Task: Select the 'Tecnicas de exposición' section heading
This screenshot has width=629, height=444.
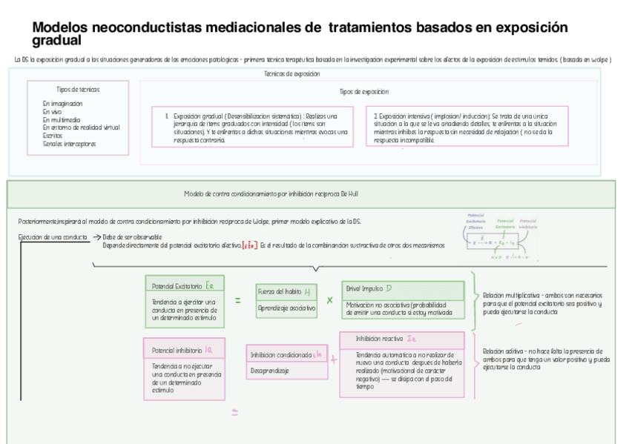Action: coord(292,74)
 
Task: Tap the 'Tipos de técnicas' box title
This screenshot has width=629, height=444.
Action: coord(78,90)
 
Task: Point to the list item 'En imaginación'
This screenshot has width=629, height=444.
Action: coord(63,104)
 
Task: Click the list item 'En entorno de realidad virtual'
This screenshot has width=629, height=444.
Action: coord(82,127)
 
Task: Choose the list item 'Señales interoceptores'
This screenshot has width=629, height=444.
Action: coord(70,144)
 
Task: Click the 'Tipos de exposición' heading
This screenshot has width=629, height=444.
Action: coord(364,92)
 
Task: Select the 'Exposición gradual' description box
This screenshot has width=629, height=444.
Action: coord(256,127)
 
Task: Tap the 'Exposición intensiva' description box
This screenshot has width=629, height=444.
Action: coord(467,127)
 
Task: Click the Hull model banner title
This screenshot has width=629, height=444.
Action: coord(271,193)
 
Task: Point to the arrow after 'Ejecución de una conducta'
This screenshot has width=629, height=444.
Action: coord(96,237)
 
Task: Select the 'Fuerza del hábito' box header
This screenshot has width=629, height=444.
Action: coord(286,291)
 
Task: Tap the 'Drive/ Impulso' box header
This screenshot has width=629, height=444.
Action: coord(403,289)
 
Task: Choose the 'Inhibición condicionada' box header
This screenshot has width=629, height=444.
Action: coord(286,354)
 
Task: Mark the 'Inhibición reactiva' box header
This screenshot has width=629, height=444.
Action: coord(401,339)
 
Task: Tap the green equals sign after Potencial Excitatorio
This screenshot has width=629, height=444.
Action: coord(238,300)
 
